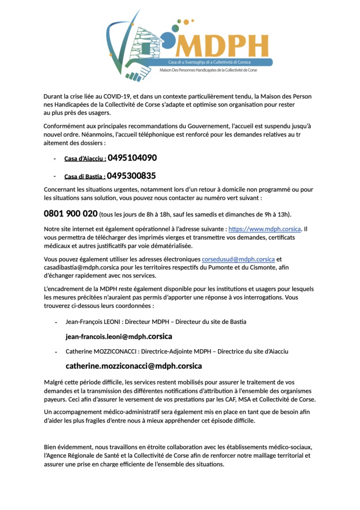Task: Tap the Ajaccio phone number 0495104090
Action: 132,158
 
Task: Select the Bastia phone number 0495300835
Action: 131,176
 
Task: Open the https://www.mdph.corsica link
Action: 265,229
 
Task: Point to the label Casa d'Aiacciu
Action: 85,159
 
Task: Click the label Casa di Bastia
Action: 85,177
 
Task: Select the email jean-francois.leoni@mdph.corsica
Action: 119,337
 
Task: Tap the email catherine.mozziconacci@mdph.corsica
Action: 133,366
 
